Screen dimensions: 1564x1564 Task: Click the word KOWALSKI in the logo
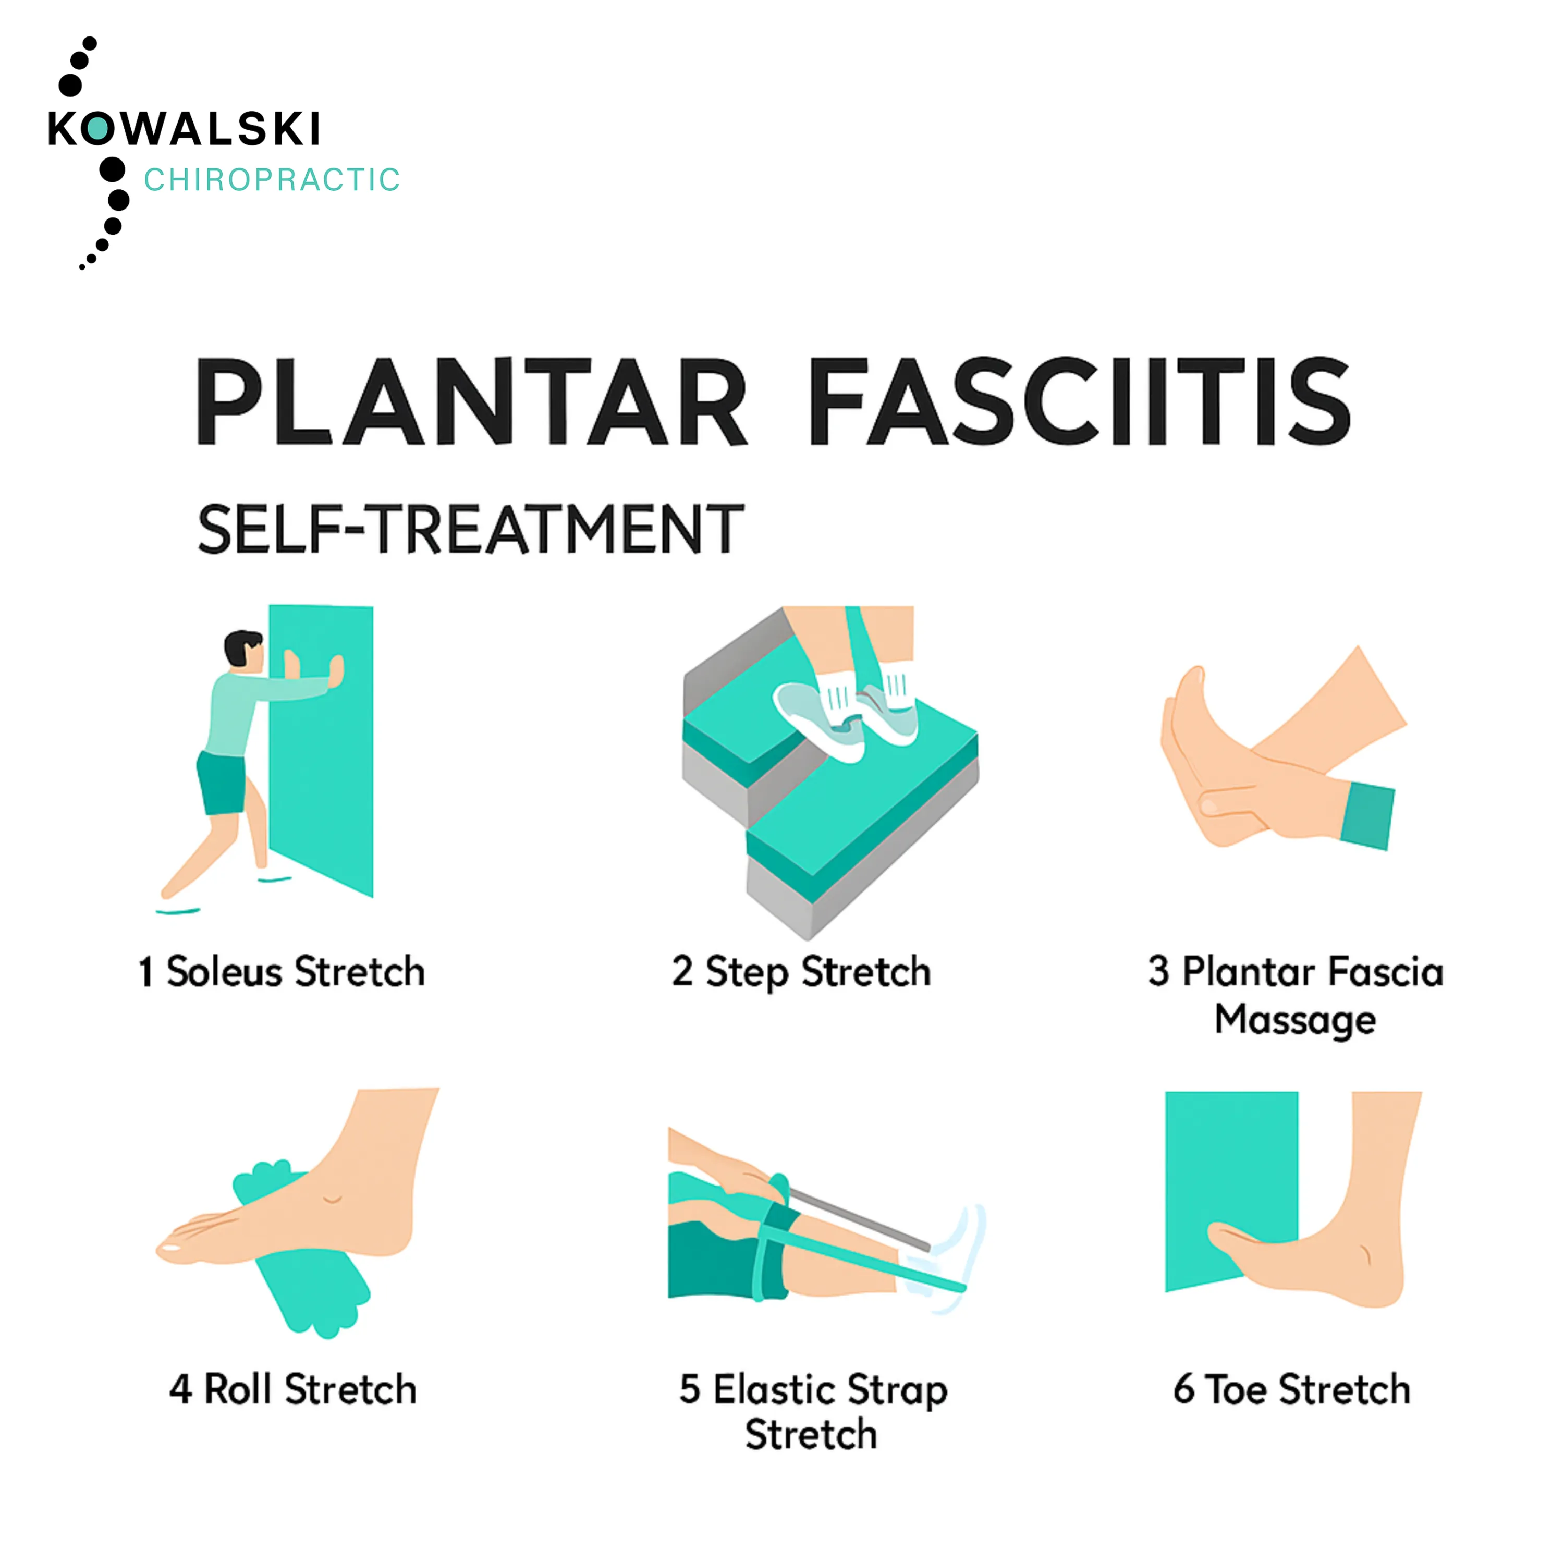[185, 129]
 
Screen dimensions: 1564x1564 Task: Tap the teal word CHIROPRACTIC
[272, 180]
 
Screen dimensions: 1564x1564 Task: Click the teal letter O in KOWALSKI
[97, 129]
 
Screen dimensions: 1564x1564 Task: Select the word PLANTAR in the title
[470, 402]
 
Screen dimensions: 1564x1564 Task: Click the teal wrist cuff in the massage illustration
[1367, 816]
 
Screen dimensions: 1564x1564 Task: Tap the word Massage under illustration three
[1295, 1019]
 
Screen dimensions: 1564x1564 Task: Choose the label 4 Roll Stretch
[293, 1389]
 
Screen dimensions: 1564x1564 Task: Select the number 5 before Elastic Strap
[690, 1389]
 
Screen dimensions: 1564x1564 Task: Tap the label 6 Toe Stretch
[1292, 1389]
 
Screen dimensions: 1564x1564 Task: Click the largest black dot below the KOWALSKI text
[113, 170]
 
